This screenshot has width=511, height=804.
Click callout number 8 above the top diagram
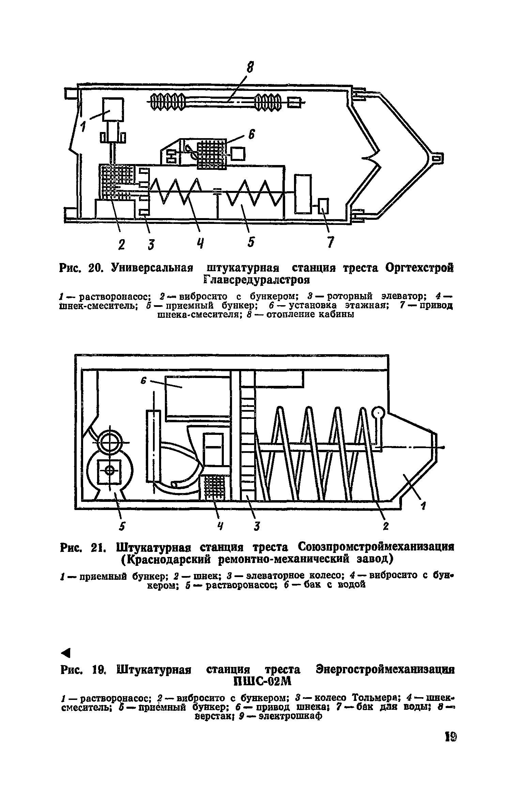(x=251, y=67)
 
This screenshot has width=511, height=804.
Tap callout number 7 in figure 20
(x=329, y=242)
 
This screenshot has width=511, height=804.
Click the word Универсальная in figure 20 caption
(x=152, y=268)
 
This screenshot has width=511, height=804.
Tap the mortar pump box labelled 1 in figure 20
(x=113, y=110)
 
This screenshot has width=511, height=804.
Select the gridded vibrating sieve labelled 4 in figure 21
(x=214, y=487)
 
